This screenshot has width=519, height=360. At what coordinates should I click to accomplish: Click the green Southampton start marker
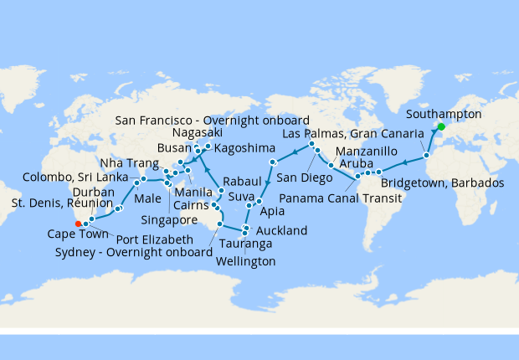pos(441,126)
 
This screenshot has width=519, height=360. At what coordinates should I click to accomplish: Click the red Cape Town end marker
pos(77,224)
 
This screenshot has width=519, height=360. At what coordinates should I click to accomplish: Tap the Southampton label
pos(443,114)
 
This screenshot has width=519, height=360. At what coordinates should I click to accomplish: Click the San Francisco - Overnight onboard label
pos(213,119)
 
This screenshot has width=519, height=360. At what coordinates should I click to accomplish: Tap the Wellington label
pos(244,262)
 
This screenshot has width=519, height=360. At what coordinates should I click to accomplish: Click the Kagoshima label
pos(241,148)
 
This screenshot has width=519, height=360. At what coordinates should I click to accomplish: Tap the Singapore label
pos(167,220)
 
